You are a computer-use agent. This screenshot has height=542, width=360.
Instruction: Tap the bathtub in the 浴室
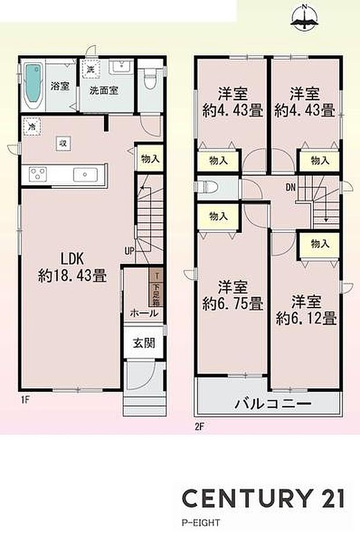34,86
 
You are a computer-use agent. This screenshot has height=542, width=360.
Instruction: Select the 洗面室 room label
105,91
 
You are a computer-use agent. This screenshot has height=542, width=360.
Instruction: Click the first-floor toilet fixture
149,79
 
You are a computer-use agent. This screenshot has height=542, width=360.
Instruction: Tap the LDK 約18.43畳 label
72,268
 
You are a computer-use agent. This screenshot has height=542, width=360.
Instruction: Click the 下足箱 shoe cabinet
156,290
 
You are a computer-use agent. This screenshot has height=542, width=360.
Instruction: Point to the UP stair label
129,251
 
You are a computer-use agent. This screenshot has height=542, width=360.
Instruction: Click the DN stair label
290,187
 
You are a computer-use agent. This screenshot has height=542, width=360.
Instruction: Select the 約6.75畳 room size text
233,303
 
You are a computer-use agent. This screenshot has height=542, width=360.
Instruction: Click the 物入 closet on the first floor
149,157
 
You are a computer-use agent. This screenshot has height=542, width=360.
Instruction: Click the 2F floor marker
200,428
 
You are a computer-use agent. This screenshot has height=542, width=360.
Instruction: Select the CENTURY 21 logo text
263,498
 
